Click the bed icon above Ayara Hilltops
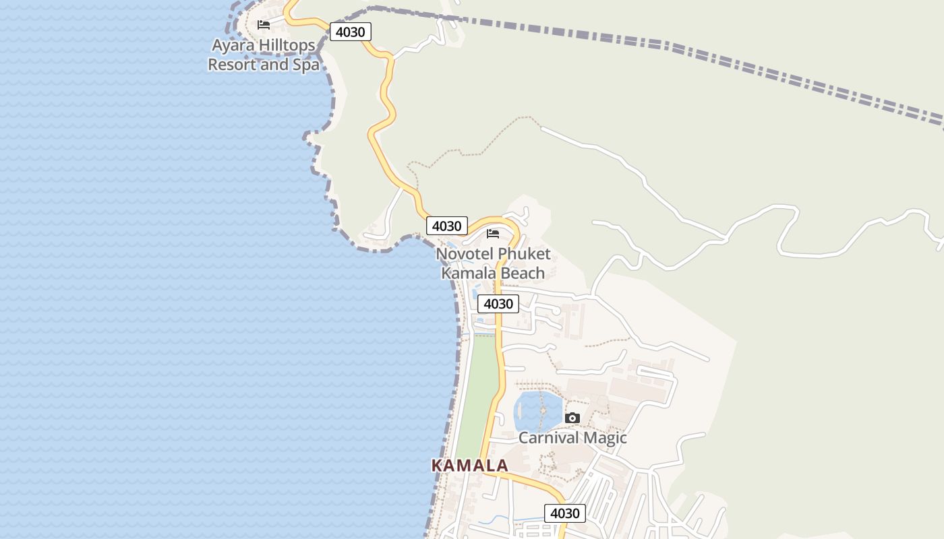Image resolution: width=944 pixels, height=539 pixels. (x=264, y=25)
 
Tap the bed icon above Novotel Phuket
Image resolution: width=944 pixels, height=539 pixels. (x=493, y=234)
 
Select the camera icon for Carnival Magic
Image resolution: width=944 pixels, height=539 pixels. (x=572, y=418)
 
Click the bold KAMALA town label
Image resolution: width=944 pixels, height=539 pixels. (x=469, y=466)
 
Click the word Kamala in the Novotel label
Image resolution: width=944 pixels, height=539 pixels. (x=466, y=273)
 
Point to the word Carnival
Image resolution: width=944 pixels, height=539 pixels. (x=547, y=438)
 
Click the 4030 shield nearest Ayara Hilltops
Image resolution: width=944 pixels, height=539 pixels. (x=351, y=32)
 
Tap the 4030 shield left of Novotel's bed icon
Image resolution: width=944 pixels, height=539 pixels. (x=446, y=226)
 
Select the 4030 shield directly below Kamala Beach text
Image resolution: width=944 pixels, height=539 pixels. (x=498, y=304)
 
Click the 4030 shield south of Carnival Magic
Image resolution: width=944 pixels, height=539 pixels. (x=564, y=513)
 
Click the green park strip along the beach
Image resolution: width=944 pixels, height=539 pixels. (x=479, y=391)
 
